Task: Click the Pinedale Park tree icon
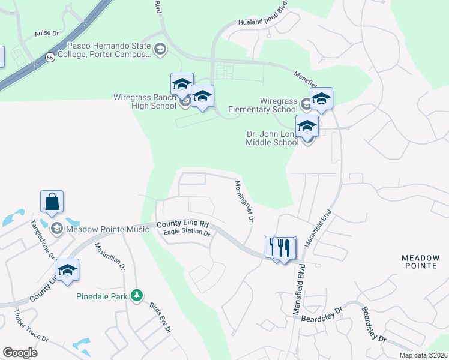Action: tap(137, 295)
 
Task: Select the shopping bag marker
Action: tap(52, 203)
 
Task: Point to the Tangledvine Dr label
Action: tap(43, 238)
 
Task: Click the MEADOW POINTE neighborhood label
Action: tap(420, 262)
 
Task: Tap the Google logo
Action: tap(20, 353)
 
